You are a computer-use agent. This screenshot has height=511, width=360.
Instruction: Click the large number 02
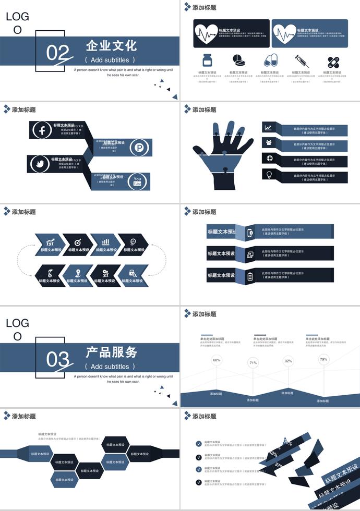pyautogui.click(x=57, y=53)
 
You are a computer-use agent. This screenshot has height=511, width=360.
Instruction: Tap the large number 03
pyautogui.click(x=57, y=360)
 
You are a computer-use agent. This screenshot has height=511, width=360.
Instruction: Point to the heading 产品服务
pyautogui.click(x=111, y=352)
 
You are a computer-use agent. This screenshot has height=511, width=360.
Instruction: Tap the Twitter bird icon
pyautogui.click(x=39, y=164)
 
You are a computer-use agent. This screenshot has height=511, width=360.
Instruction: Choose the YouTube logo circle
pyautogui.click(x=137, y=181)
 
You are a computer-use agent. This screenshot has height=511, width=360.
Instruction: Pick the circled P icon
pyautogui.click(x=139, y=147)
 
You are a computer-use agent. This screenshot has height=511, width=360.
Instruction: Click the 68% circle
pyautogui.click(x=217, y=360)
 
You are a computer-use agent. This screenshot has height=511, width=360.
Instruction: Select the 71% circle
pyautogui.click(x=253, y=363)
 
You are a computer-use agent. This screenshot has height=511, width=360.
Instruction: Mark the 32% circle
pyautogui.click(x=288, y=361)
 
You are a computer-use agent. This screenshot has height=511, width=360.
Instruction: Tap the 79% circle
pyautogui.click(x=323, y=359)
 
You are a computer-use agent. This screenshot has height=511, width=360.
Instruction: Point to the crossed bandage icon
pyautogui.click(x=333, y=62)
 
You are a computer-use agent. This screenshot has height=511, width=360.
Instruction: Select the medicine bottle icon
pyautogui.click(x=208, y=60)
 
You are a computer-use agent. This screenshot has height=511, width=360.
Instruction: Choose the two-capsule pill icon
pyautogui.click(x=270, y=60)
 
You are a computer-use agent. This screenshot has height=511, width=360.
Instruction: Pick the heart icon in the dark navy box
pyautogui.click(x=206, y=34)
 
